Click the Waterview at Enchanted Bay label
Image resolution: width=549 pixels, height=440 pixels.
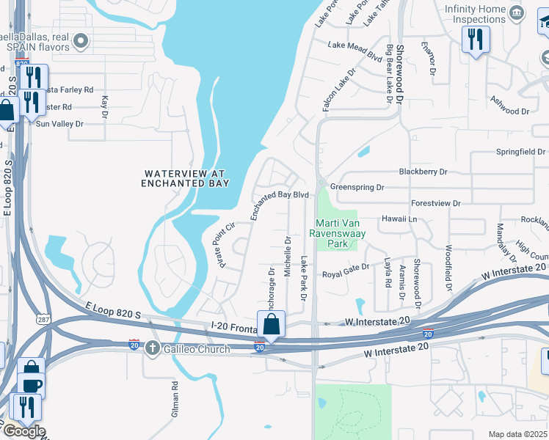pyautogui.click(x=186, y=178)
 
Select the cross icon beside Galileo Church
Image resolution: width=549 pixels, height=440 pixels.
pyautogui.click(x=153, y=348)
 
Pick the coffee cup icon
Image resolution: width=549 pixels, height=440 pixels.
pyautogui.click(x=31, y=385)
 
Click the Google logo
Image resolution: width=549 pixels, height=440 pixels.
pyautogui.click(x=23, y=431)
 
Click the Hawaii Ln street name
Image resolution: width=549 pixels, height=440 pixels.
pyautogui.click(x=399, y=219)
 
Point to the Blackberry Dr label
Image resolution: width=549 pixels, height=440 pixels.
pyautogui.click(x=423, y=172)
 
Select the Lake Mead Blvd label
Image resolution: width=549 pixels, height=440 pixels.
pyautogui.click(x=355, y=51)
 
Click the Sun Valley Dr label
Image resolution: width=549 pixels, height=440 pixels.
pyautogui.click(x=60, y=124)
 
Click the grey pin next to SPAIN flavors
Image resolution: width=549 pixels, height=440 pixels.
pyautogui.click(x=81, y=41)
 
